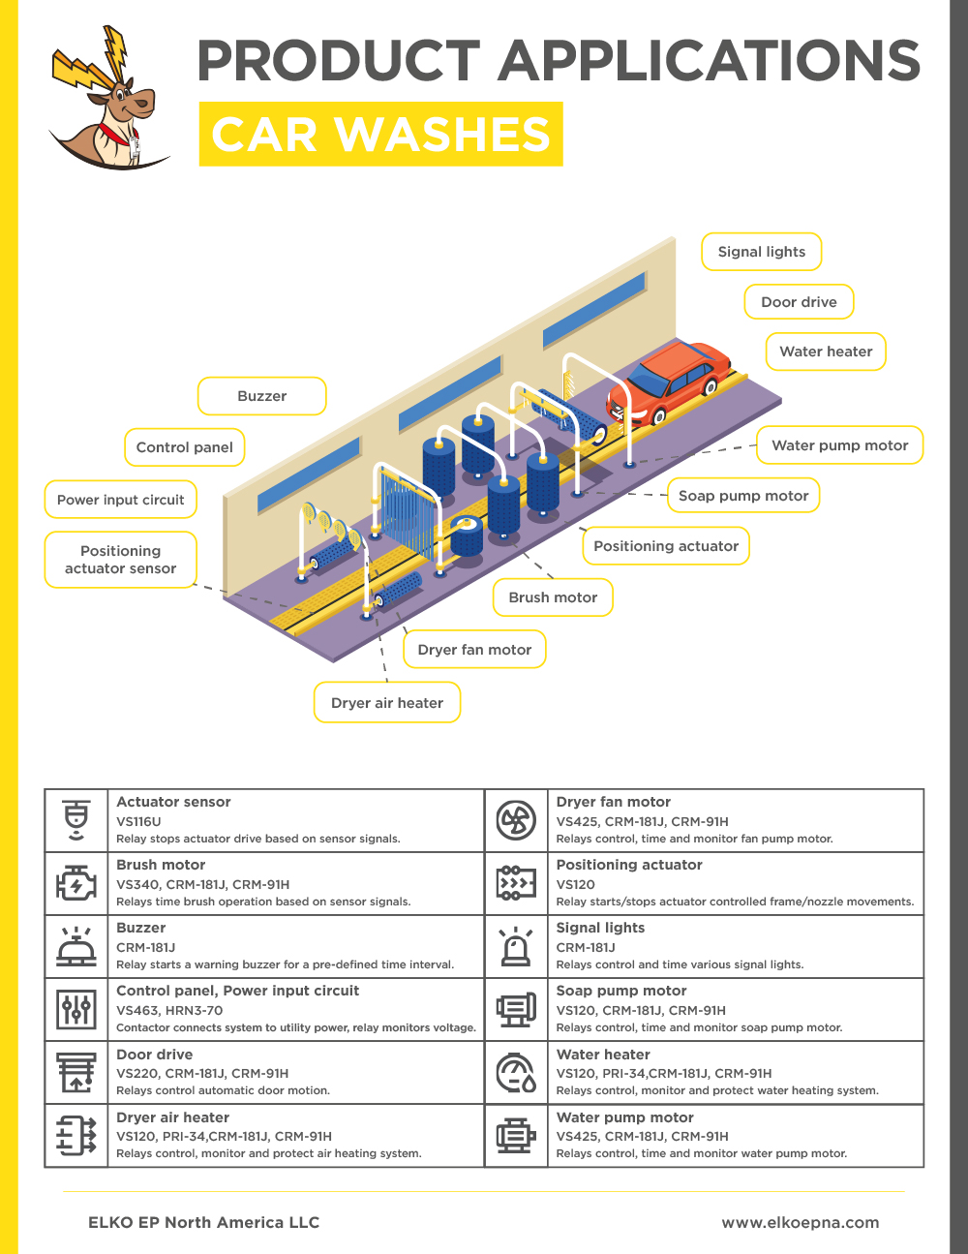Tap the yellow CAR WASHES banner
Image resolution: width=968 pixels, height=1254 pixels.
tap(380, 134)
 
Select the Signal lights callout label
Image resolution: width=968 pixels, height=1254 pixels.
tap(762, 252)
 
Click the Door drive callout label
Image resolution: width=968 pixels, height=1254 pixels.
tap(799, 302)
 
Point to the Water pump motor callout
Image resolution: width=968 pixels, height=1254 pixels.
tap(839, 445)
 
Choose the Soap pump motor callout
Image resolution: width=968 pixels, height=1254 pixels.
tap(742, 496)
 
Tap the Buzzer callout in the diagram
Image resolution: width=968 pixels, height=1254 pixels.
tap(261, 396)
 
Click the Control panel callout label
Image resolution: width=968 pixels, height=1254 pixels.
tap(184, 447)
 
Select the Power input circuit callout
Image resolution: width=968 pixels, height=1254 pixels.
tap(120, 500)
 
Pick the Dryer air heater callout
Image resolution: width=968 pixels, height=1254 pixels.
tap(386, 703)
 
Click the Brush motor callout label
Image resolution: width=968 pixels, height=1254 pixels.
tap(553, 597)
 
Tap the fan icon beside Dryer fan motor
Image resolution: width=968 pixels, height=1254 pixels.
tap(516, 821)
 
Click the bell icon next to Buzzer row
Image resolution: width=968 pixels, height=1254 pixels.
tap(76, 946)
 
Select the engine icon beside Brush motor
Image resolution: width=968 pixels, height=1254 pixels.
tap(76, 884)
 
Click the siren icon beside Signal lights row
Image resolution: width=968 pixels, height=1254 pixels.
tap(516, 946)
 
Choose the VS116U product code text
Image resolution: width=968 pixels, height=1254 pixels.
tap(138, 821)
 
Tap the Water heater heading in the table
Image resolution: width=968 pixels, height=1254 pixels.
tap(603, 1055)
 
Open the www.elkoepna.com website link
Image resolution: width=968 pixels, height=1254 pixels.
tap(800, 1222)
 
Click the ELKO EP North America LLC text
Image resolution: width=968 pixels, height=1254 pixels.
tap(203, 1222)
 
